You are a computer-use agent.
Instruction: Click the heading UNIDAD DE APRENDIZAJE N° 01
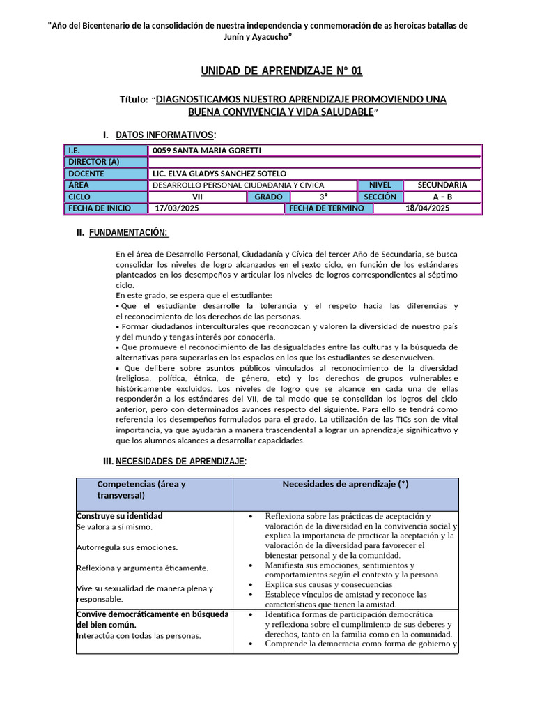coord(281,71)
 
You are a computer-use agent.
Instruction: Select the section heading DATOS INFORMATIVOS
coord(165,134)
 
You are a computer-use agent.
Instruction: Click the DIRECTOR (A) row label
coord(94,162)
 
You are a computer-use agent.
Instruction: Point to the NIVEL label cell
coord(380,185)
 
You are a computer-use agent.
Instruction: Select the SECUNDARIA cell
coord(442,185)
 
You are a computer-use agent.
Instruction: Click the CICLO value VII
coord(197,197)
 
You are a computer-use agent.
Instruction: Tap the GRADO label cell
coord(268,197)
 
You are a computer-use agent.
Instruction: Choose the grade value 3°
coord(324,197)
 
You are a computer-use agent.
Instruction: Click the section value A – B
coord(442,197)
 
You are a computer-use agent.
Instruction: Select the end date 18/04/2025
coord(428,208)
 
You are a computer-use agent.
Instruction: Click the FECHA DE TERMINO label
coord(327,208)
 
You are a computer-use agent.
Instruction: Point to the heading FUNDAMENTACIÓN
coord(129,232)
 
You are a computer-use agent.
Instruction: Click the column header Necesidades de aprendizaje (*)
coord(345,484)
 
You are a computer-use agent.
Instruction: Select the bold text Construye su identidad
coord(119,516)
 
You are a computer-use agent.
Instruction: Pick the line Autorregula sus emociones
coord(127,547)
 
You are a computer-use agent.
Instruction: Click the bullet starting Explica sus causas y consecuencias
coord(329,584)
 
